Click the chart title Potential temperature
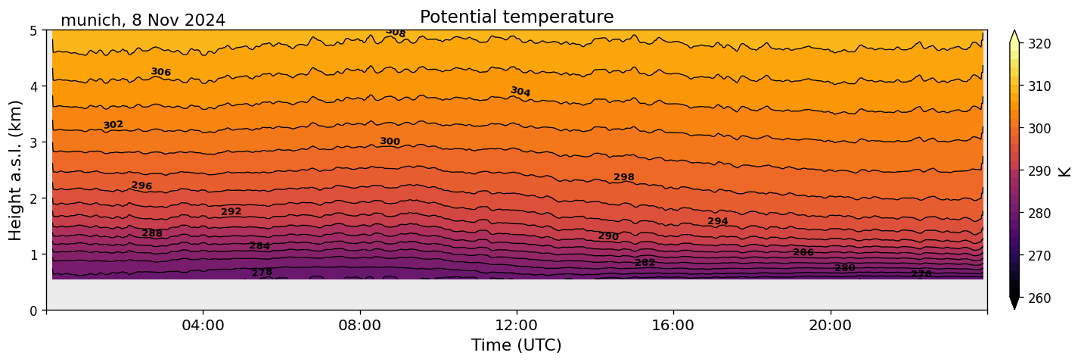point(517,17)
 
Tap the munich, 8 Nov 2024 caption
point(143,20)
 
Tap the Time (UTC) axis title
point(517,345)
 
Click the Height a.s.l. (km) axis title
point(16,170)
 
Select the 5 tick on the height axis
point(33,31)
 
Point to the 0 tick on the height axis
point(33,311)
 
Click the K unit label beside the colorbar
point(1065,171)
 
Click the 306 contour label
point(160,72)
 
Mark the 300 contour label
point(390,142)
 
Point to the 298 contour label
point(624,177)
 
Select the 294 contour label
point(718,221)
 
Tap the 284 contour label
point(259,246)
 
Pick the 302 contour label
point(113,125)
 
